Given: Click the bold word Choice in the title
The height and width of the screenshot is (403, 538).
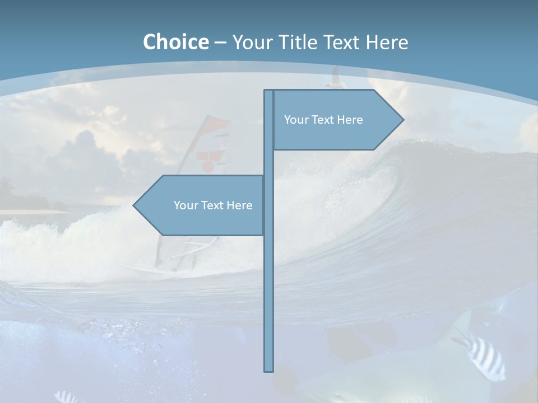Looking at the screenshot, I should coord(175,42).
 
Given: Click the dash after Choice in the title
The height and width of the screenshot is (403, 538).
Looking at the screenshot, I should coord(220,43).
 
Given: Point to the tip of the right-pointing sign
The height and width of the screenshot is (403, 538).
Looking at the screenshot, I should coord(402,119).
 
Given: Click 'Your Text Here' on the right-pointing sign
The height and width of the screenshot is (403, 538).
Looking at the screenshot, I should coord(323,120).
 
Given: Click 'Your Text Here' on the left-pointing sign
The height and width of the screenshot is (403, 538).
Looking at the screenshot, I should coord(213,205).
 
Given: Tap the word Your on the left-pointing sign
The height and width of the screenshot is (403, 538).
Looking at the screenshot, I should coord(185,205).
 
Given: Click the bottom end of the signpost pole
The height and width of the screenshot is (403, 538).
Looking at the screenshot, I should coord(269,370).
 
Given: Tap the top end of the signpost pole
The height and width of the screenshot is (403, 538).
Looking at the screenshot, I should coord(269,91).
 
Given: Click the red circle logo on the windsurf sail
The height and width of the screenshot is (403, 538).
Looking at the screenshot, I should coord(207,165).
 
